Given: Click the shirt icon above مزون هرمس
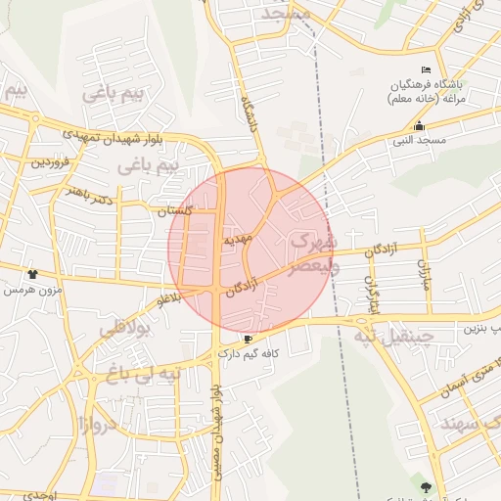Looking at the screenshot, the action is pos(34,275).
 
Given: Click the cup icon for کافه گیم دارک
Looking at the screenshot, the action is pos(248,339).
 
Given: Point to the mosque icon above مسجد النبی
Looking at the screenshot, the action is pos(420,125).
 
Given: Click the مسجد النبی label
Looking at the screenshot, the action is pos(420,141).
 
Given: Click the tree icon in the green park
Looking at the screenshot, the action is pos(425,486).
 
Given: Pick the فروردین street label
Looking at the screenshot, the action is pos(51,161).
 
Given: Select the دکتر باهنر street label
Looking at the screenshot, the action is pos(88,193).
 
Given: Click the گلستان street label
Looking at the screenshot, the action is pos(177,210).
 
